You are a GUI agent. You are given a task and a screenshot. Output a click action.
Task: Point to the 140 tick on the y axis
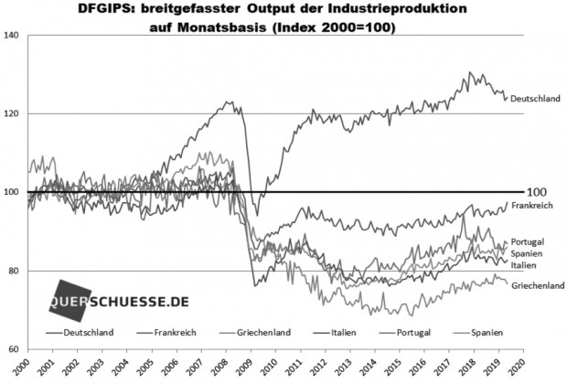(x=12, y=35)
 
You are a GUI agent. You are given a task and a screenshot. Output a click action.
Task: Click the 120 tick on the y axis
(x=12, y=113)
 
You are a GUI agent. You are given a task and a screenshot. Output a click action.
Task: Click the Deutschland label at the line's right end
(x=534, y=98)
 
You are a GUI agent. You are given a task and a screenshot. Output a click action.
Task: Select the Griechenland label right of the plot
(x=538, y=285)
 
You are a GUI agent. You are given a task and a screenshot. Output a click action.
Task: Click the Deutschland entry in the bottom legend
(x=89, y=333)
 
